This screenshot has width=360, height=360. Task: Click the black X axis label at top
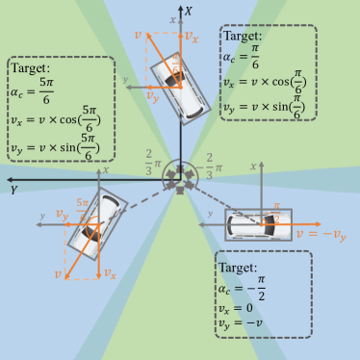pos(189,11)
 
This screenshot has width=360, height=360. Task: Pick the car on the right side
pos(258,226)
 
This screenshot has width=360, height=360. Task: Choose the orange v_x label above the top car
pos(193,39)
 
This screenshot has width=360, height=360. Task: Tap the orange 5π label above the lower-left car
pos(81,204)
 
